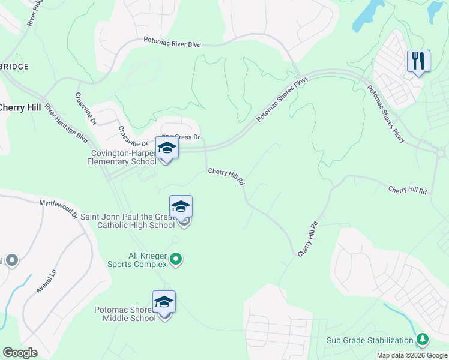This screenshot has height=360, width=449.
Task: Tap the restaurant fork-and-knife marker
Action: tap(418, 61)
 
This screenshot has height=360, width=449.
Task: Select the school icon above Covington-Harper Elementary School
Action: tap(167, 148)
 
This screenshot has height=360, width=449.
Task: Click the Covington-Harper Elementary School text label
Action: tap(122, 157)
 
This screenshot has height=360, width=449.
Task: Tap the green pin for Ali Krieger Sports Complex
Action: tap(176, 259)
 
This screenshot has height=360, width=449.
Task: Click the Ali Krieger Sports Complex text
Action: tap(137, 259)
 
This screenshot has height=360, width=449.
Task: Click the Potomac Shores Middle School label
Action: tap(125, 314)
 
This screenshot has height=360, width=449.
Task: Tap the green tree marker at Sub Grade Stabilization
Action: tap(423, 340)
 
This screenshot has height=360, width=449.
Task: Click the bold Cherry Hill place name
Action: tap(20, 107)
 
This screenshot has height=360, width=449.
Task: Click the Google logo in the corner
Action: tap(20, 352)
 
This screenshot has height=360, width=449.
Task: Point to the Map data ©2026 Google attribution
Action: tap(411, 355)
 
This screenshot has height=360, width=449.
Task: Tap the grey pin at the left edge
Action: tap(11, 260)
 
